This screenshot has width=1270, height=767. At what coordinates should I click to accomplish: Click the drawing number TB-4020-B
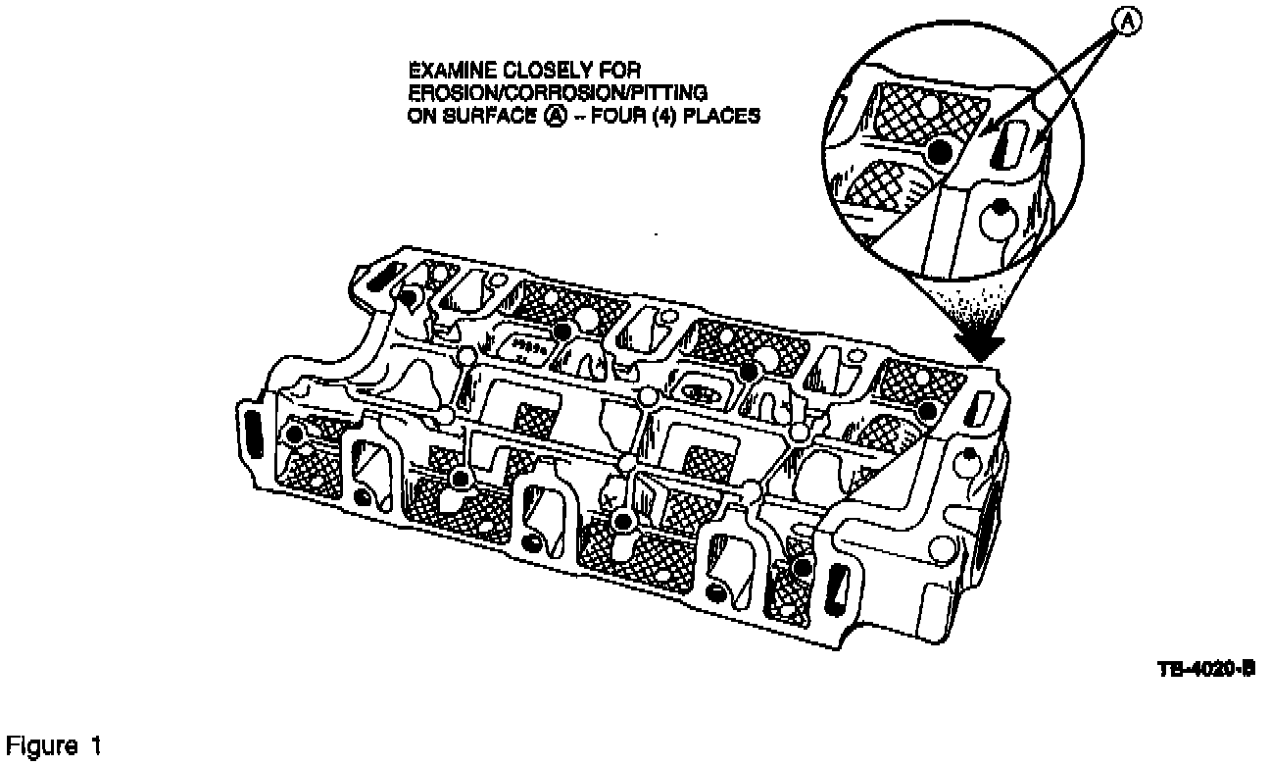[x=1204, y=669]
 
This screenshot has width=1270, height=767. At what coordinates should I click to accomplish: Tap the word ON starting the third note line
[x=418, y=114]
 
